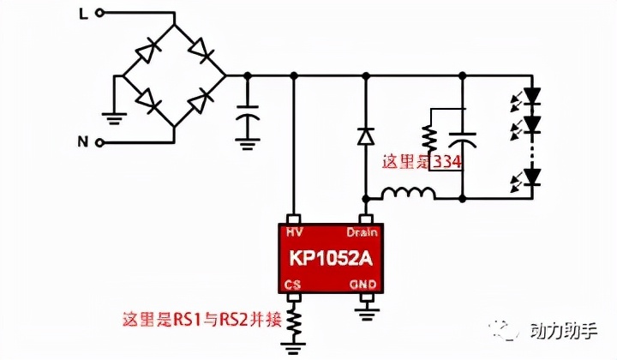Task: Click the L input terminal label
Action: pyautogui.click(x=83, y=13)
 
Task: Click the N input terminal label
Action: pyautogui.click(x=83, y=142)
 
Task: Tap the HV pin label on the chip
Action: pyautogui.click(x=293, y=232)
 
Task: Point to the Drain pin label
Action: pyautogui.click(x=362, y=232)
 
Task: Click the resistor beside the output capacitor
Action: pyautogui.click(x=429, y=137)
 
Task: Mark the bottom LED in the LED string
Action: pyautogui.click(x=532, y=177)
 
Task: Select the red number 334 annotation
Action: pyautogui.click(x=449, y=161)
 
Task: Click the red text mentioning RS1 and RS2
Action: pyautogui.click(x=198, y=322)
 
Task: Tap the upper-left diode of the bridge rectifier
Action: pyautogui.click(x=155, y=50)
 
